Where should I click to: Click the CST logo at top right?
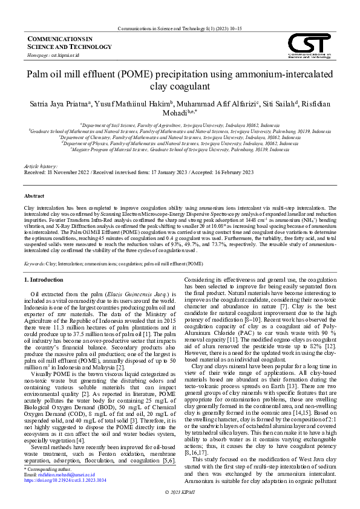tap(309, 46)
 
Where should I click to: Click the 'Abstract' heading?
tap(34, 196)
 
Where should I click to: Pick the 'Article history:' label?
tap(40, 166)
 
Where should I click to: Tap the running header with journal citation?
tap(180, 28)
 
